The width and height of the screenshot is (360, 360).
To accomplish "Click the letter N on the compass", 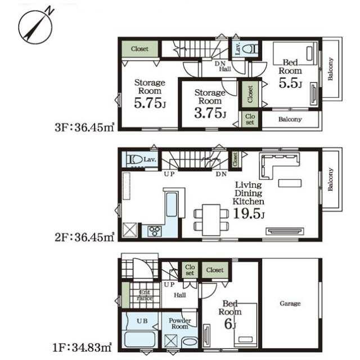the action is (49, 11).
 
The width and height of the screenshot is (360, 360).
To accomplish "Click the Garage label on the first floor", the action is (290, 304).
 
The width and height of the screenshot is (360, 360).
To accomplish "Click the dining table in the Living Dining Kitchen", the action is (211, 220).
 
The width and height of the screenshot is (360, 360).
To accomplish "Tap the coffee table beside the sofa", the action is (290, 183).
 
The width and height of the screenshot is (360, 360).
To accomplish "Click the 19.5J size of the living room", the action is (249, 214).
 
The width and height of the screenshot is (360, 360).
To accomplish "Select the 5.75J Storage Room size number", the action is (150, 103).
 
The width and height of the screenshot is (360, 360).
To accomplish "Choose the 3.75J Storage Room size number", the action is (210, 113).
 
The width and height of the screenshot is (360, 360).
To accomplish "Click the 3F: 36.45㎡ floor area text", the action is (84, 128).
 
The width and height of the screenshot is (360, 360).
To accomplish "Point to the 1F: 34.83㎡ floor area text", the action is (82, 348).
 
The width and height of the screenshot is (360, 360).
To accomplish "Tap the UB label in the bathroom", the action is (142, 321).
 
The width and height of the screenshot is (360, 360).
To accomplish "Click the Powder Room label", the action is (180, 323).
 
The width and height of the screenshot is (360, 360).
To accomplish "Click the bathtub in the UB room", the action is (140, 339).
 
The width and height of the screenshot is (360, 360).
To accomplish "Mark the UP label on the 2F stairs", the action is (169, 174).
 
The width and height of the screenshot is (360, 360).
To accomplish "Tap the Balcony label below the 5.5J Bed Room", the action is (290, 119).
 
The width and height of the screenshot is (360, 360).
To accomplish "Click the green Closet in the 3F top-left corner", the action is (139, 49).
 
